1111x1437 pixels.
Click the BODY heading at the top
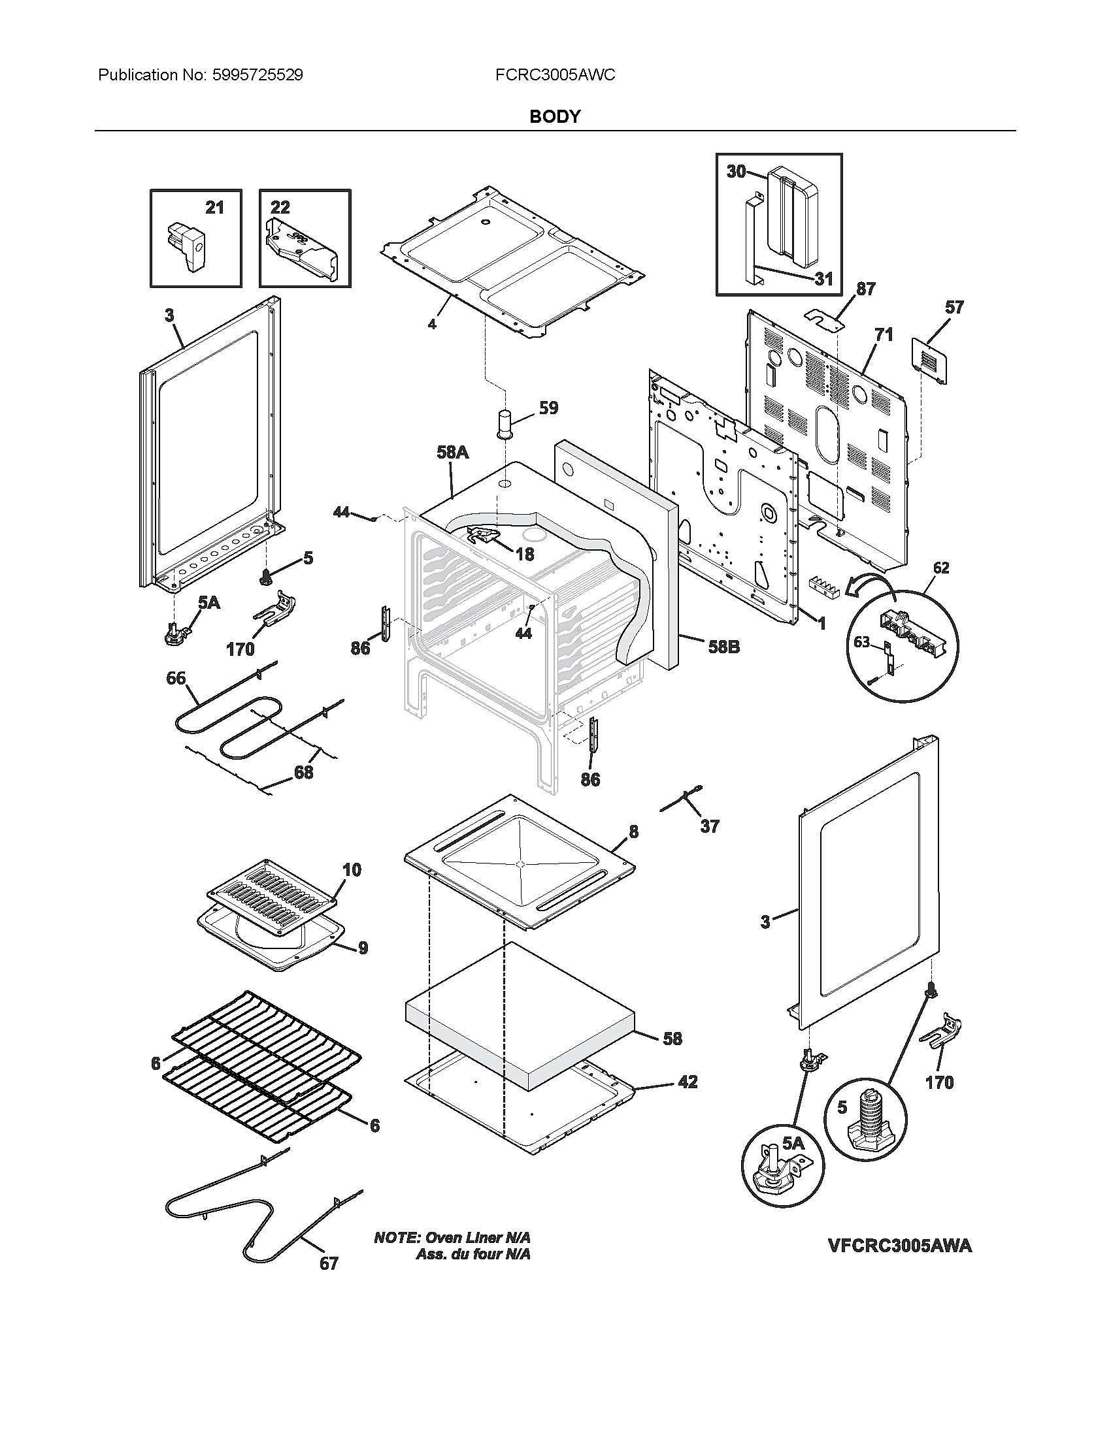click(x=555, y=116)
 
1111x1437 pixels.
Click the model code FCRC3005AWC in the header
click(x=555, y=75)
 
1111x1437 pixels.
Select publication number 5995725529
click(x=257, y=75)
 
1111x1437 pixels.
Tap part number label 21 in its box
click(x=214, y=208)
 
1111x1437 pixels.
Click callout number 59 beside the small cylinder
click(x=548, y=408)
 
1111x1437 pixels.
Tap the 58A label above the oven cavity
click(x=452, y=452)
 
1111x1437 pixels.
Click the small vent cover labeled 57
click(x=930, y=361)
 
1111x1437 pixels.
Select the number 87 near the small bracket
click(x=865, y=289)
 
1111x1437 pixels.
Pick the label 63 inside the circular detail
click(x=861, y=641)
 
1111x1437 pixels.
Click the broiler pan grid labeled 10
click(x=273, y=895)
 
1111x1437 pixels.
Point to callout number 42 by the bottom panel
click(x=687, y=1082)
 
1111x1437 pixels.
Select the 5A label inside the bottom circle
click(x=794, y=1144)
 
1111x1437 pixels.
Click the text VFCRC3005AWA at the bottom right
click(x=900, y=1246)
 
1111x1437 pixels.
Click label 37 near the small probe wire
click(x=709, y=826)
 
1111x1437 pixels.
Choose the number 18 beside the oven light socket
click(x=525, y=555)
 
